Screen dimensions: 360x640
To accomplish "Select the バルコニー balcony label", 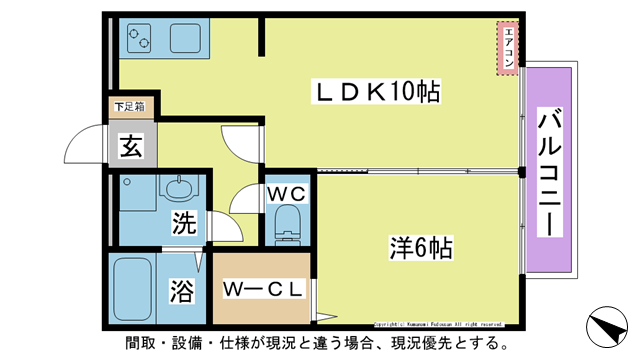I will tap(549, 171).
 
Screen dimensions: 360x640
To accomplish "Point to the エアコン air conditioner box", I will tap(508, 47).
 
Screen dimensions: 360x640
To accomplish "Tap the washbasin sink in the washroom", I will tap(177, 188).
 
